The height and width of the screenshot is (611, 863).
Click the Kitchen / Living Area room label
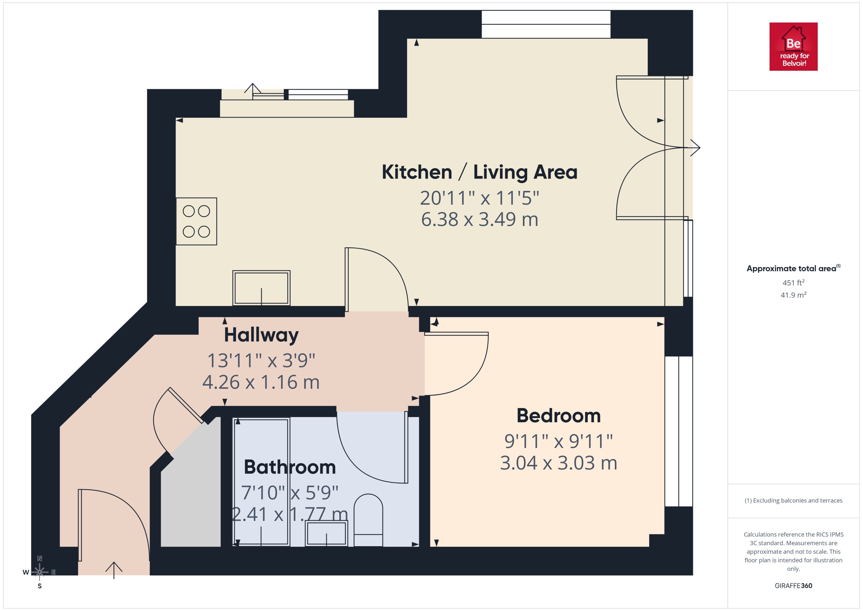click(x=479, y=172)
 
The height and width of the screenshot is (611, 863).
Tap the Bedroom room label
click(x=558, y=416)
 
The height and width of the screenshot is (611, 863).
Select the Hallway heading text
click(x=261, y=335)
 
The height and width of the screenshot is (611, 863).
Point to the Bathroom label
click(x=289, y=467)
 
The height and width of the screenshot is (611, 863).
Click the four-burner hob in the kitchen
click(x=196, y=221)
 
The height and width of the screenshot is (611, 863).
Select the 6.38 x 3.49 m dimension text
click(x=479, y=219)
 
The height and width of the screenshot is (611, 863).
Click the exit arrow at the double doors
click(x=695, y=148)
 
